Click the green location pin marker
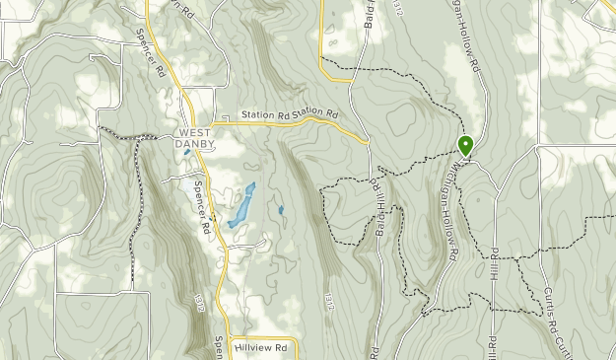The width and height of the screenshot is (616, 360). pyautogui.click(x=466, y=146)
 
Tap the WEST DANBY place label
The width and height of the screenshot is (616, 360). pyautogui.click(x=193, y=139)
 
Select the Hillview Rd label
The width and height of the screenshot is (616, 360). pyautogui.click(x=260, y=347)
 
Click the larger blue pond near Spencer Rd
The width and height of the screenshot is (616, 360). pyautogui.click(x=240, y=207)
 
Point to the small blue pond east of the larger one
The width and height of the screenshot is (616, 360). pyautogui.click(x=281, y=210)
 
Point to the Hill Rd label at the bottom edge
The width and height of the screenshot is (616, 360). pyautogui.click(x=490, y=345)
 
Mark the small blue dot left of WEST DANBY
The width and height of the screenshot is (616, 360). pyautogui.click(x=185, y=152)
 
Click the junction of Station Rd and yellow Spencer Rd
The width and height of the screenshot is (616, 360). pyautogui.click(x=211, y=123)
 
